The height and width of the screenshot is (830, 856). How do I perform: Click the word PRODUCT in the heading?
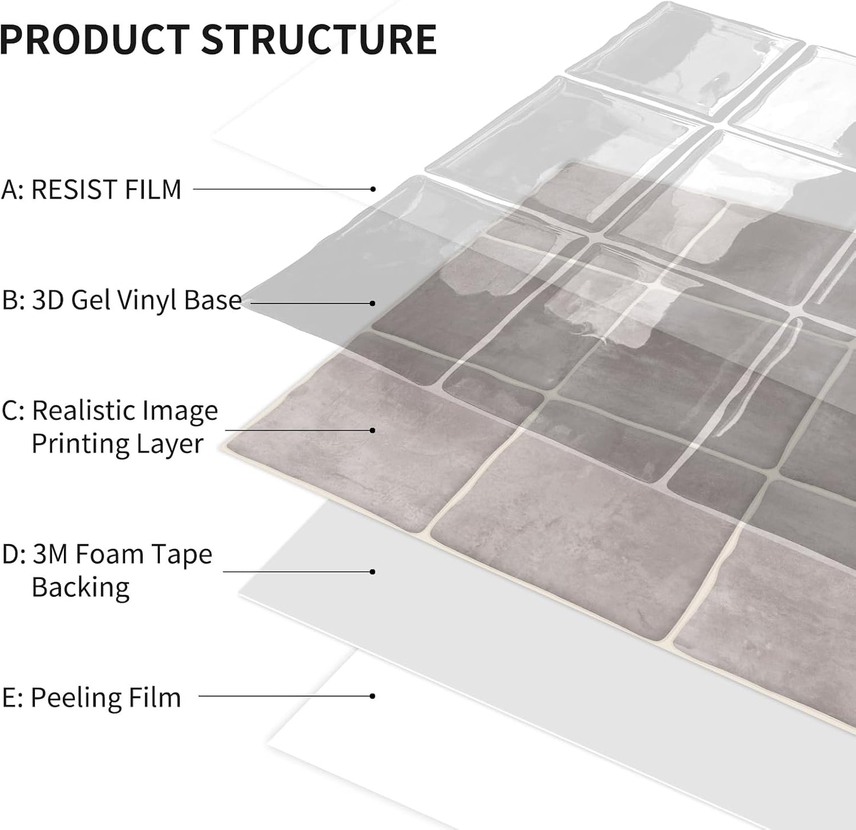(x=95, y=40)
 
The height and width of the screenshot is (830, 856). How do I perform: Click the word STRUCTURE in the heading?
(x=319, y=40)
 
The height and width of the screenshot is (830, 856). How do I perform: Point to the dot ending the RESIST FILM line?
(x=373, y=189)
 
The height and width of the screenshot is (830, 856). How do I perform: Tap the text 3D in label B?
(x=48, y=300)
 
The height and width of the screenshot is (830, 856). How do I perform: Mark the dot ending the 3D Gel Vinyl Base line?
(x=373, y=303)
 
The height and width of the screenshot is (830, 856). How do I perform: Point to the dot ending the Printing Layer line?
(x=373, y=430)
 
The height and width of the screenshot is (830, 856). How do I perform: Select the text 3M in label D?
(x=49, y=554)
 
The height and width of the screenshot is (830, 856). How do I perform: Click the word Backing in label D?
(x=81, y=587)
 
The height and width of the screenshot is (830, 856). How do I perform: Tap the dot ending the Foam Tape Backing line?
(x=373, y=572)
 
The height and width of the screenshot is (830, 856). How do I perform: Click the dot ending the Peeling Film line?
(x=373, y=696)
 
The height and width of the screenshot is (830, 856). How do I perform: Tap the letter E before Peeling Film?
(x=9, y=697)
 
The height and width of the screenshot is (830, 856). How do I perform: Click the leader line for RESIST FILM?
(x=283, y=189)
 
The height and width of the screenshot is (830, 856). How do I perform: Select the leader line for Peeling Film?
(x=286, y=696)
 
